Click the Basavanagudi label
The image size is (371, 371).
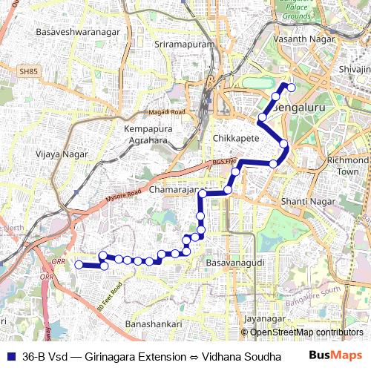(x=235, y=263)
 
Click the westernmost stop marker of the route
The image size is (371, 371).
(x=79, y=264)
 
